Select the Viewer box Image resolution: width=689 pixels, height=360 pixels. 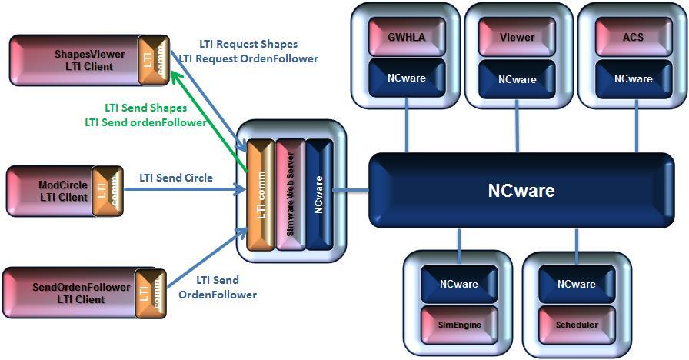pos(517,36)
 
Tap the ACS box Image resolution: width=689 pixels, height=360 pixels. pos(634,36)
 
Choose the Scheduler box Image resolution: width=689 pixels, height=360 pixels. pos(577,324)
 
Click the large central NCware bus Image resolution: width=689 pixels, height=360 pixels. pos(521,190)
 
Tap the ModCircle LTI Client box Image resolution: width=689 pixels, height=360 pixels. pos(52,190)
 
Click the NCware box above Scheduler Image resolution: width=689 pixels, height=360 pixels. pos(577,284)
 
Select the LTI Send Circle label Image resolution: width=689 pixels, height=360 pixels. pos(176,178)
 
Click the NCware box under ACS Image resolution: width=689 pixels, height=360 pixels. pos(634,78)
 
